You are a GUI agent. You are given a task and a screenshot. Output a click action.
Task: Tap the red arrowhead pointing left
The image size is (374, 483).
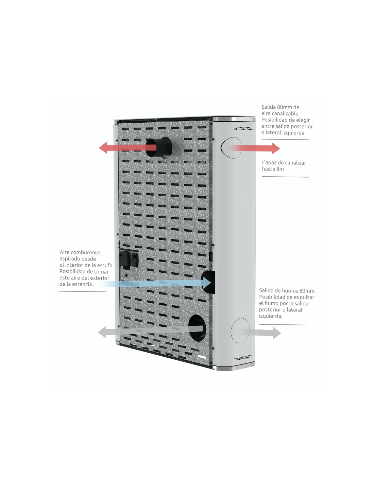[103, 148]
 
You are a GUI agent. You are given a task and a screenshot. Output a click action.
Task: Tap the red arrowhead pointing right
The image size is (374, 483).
[276, 148]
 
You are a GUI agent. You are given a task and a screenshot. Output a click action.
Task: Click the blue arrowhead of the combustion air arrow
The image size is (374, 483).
[207, 283]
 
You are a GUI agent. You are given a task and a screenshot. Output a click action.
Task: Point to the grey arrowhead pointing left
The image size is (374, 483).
[102, 332]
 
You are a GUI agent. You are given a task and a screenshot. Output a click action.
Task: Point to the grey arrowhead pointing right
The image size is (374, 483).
[277, 333]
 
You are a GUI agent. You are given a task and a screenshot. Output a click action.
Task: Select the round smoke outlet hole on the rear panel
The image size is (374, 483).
[197, 328]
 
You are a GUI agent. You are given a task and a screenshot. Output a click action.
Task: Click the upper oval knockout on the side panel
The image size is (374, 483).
[231, 148]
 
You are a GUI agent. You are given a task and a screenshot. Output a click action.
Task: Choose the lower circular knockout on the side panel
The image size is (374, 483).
[240, 330]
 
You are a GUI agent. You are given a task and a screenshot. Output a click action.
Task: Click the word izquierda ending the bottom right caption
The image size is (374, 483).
[271, 316]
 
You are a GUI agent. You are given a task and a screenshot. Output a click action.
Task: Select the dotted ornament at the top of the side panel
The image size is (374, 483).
[243, 128]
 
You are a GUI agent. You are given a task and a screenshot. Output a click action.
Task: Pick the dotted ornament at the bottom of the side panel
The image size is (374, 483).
[242, 358]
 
